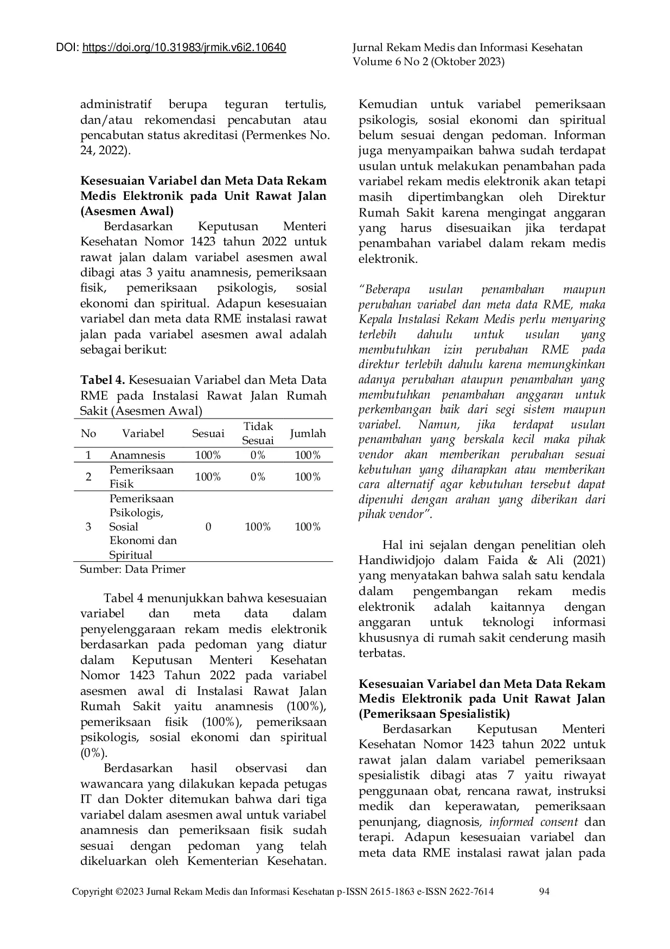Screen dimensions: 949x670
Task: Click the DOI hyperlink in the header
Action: (184, 48)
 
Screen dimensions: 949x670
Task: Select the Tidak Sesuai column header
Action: (258, 433)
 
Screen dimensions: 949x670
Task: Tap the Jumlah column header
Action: (308, 433)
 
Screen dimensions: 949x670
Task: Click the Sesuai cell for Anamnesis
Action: (208, 455)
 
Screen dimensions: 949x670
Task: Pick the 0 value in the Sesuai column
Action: (208, 527)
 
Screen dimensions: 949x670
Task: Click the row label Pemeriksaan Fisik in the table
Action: (141, 477)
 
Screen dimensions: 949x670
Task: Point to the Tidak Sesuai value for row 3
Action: (258, 527)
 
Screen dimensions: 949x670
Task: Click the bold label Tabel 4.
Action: (103, 380)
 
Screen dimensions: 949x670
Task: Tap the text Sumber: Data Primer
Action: (132, 569)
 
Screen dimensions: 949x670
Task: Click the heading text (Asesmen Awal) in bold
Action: (127, 211)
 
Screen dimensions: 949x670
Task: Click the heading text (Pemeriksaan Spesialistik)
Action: (434, 713)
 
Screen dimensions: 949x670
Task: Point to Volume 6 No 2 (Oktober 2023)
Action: (428, 62)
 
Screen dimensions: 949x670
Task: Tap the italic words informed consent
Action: (534, 822)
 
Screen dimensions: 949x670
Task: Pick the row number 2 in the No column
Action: (88, 477)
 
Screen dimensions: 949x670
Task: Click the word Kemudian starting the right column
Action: (388, 104)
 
